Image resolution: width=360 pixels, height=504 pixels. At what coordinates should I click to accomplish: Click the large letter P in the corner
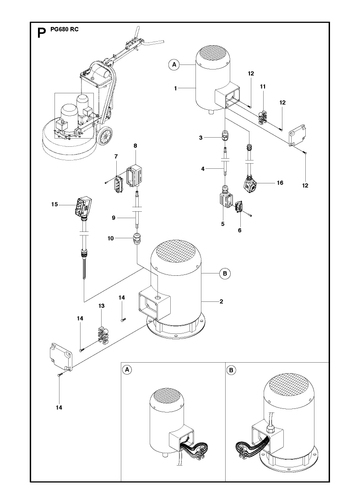click(41, 33)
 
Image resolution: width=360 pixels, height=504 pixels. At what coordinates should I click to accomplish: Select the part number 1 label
click(175, 88)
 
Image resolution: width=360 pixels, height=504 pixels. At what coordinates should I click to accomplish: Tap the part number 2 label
click(221, 302)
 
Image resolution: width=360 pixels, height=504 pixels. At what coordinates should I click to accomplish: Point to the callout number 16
click(280, 183)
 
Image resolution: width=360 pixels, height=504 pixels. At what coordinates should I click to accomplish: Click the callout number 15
click(55, 204)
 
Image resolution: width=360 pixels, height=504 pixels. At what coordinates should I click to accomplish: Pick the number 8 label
click(135, 146)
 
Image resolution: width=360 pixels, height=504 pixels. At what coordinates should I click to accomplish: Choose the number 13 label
click(101, 306)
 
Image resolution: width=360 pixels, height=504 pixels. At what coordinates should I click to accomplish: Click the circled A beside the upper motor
click(174, 65)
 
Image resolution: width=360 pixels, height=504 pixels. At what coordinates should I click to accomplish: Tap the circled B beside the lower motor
click(225, 274)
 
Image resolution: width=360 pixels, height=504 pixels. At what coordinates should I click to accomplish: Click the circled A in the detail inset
click(127, 370)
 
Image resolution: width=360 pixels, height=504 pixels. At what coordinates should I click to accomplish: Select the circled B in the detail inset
click(231, 370)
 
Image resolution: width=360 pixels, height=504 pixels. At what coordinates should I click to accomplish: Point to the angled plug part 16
click(250, 184)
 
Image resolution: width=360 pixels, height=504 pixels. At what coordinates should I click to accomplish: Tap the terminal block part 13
click(101, 336)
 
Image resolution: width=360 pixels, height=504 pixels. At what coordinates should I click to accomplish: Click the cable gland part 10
click(135, 239)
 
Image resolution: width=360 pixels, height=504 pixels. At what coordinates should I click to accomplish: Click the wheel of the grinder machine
click(105, 136)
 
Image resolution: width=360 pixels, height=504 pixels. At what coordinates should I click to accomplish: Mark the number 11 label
click(263, 87)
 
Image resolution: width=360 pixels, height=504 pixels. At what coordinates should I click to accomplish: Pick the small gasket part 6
click(239, 207)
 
